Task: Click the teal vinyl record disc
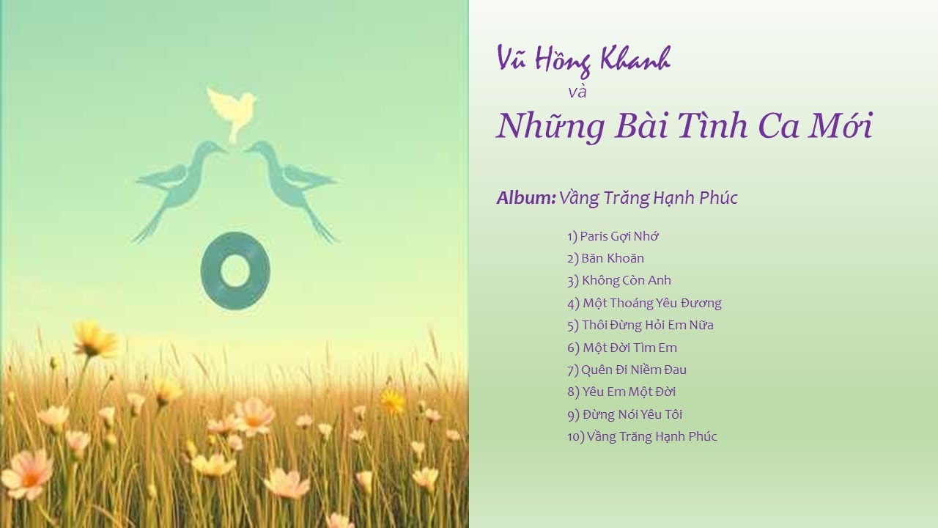235,271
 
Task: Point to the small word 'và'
577,92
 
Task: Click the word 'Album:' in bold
525,198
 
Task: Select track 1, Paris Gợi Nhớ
613,236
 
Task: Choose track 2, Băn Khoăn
605,258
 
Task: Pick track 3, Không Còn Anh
618,280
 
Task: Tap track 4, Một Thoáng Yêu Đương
644,303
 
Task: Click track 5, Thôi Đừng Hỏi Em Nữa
640,325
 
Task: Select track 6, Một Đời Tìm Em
621,348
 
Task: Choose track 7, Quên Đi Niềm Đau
627,370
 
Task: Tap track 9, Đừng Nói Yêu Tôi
624,414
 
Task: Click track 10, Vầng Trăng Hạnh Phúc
642,436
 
